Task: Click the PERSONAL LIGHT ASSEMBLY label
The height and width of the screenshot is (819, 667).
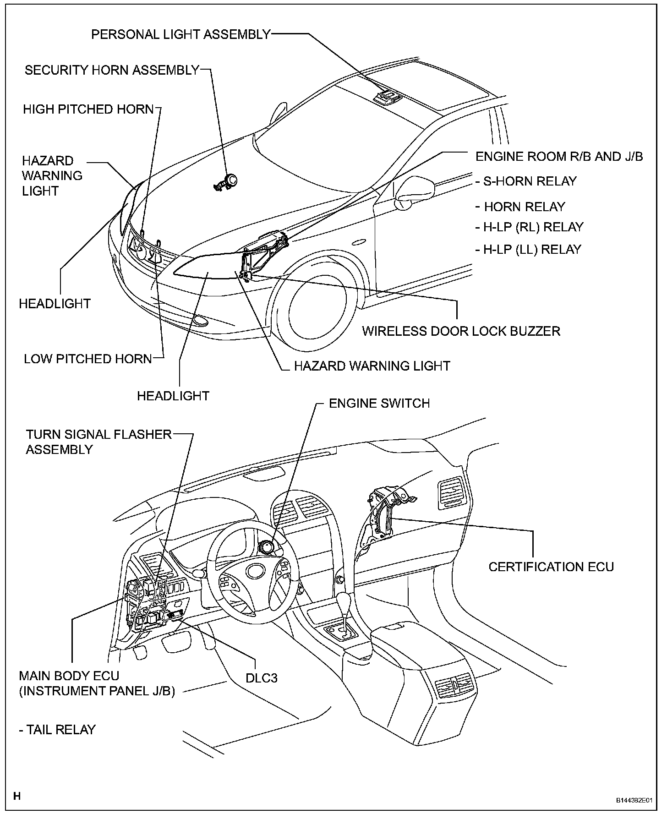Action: coord(181,34)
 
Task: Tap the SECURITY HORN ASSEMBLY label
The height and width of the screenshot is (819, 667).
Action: coord(112,70)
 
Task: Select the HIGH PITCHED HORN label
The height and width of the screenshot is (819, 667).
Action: coord(88,109)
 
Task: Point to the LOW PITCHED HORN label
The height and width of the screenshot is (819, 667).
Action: coord(87,359)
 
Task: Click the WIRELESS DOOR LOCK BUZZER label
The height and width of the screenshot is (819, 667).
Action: coord(461,331)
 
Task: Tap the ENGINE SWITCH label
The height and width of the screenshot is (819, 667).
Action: coord(379,403)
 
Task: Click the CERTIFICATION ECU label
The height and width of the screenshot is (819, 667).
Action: coord(551,567)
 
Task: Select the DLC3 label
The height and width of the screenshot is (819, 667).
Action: coord(262,677)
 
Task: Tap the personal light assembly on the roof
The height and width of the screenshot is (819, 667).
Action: coord(386,96)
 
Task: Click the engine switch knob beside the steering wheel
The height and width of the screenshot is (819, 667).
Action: coord(267,547)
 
